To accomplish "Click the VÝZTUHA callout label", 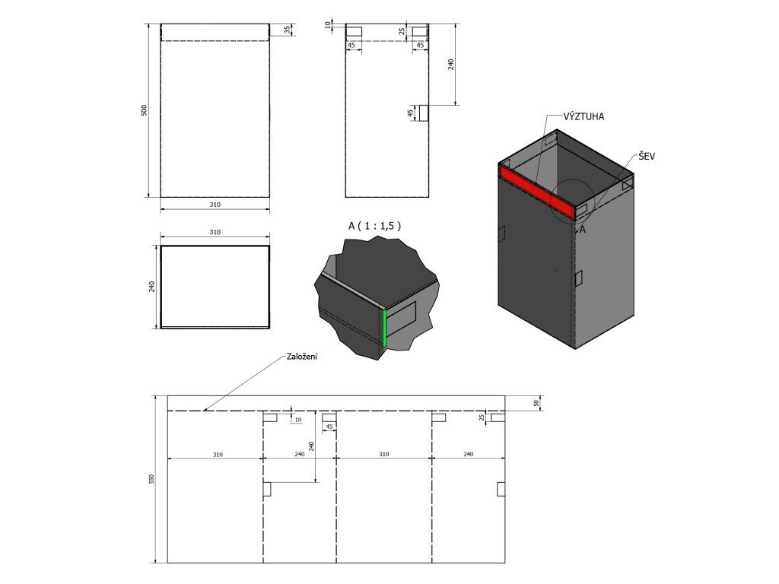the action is point(583,116).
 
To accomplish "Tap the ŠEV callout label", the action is point(647,157).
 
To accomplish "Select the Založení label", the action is point(302,357).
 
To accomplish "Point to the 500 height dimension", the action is point(145,110).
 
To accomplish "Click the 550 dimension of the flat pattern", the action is point(152,479).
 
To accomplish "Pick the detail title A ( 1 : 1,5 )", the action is point(374,226).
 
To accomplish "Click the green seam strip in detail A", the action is point(384,327).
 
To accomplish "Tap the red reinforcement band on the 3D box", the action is point(538,192).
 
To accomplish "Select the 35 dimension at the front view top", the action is point(287,30).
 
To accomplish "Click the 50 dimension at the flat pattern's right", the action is point(536,403).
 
